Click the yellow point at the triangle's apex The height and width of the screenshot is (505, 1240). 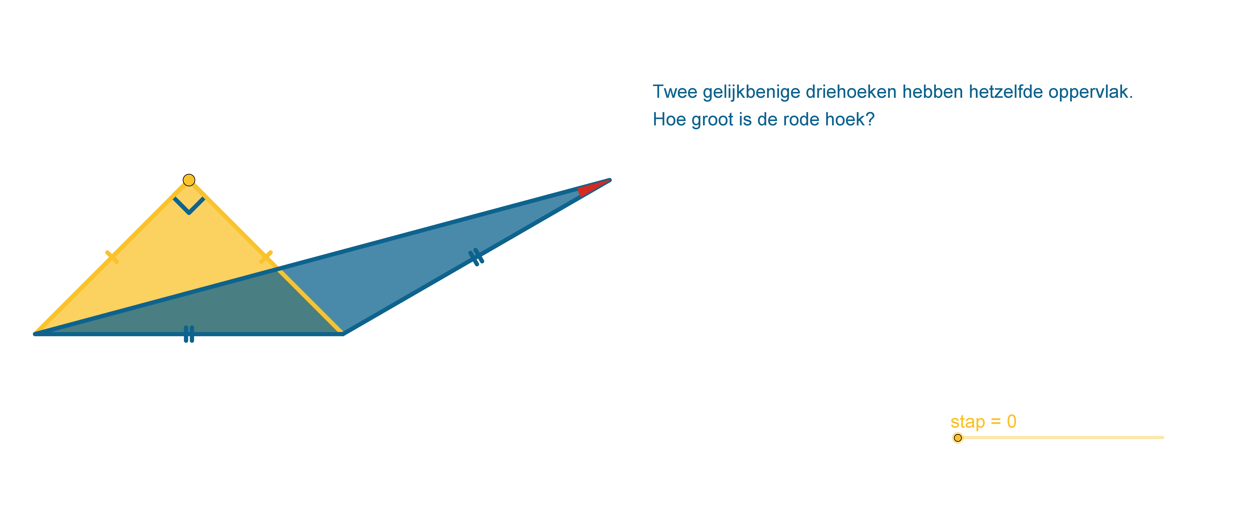[189, 180]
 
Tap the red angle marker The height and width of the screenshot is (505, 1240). [591, 188]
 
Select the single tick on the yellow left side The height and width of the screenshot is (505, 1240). [112, 257]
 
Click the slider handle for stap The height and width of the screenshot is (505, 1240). [957, 438]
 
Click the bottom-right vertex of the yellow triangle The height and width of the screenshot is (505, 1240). [343, 334]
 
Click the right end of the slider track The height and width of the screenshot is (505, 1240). [1163, 438]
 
